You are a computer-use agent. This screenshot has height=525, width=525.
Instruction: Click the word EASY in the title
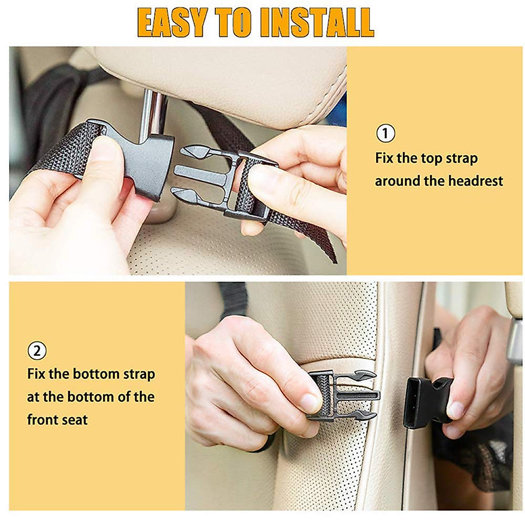coord(172,22)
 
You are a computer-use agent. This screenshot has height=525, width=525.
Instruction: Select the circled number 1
coord(385,133)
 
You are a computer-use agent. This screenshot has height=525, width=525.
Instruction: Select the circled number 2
coord(37,351)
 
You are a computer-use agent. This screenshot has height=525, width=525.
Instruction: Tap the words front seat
coord(57,420)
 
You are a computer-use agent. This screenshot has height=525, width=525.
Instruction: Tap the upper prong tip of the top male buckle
coord(192,152)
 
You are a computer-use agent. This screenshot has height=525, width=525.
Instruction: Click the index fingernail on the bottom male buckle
coord(309,402)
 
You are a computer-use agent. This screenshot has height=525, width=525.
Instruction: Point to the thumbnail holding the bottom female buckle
coord(455,410)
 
